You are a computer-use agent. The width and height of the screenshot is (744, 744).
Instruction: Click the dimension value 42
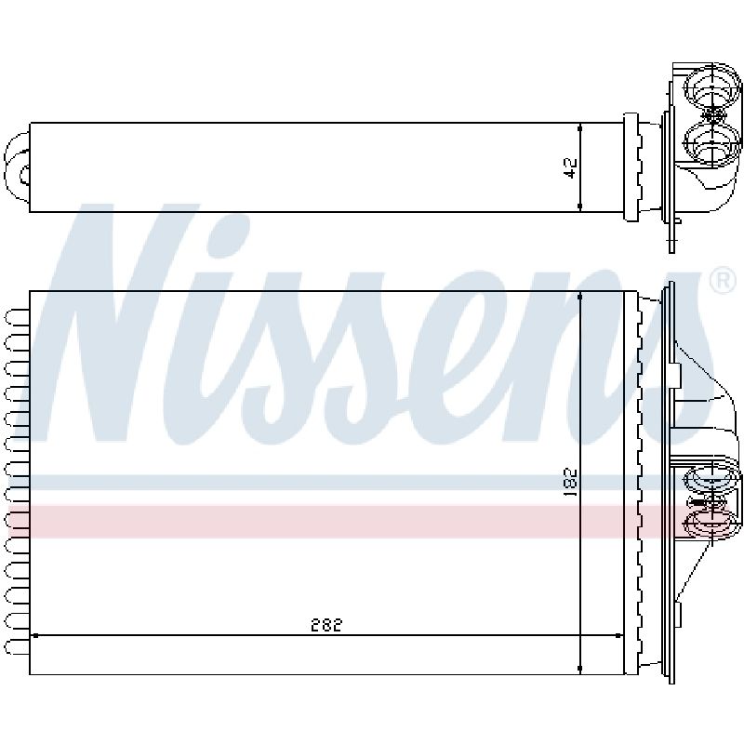pyautogui.click(x=571, y=168)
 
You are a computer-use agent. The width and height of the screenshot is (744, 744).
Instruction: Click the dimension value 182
pyautogui.click(x=571, y=483)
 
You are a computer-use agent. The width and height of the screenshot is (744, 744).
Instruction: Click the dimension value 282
pyautogui.click(x=326, y=625)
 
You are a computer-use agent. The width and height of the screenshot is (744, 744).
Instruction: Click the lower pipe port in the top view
pyautogui.click(x=711, y=142)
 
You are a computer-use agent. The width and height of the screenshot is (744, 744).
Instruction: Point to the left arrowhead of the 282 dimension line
pyautogui.click(x=34, y=635)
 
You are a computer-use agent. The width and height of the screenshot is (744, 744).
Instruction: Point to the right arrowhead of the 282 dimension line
pyautogui.click(x=618, y=635)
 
